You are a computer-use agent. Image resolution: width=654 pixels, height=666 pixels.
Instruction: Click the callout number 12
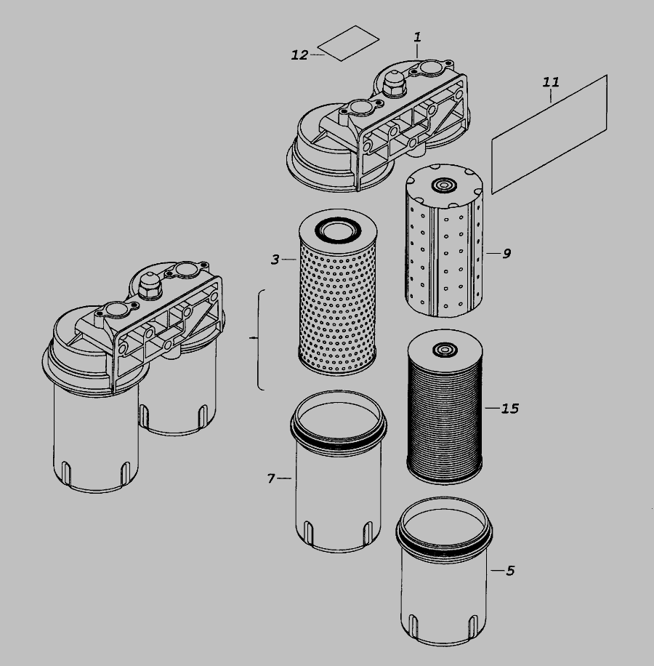[299, 55]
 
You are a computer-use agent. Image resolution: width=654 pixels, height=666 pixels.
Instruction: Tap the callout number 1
[418, 37]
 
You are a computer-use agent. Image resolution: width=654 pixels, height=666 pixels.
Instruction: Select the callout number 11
[551, 81]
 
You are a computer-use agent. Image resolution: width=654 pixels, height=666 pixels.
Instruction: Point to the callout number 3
[275, 259]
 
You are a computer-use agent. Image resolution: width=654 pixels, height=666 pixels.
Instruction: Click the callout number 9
[506, 254]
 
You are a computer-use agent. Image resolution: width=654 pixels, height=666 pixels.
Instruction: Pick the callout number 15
[509, 408]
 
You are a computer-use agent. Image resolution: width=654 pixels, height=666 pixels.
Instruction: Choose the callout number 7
[272, 478]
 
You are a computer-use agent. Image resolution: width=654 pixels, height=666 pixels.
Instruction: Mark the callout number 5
[510, 571]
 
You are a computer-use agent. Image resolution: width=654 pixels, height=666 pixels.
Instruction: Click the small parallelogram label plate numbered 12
[348, 43]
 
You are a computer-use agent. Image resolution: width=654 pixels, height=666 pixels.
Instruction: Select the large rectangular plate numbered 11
[549, 135]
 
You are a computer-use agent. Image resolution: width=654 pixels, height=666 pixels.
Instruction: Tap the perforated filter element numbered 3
[338, 292]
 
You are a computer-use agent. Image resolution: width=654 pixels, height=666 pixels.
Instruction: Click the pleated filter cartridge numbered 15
[445, 407]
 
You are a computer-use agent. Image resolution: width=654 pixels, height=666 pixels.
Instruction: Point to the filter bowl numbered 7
[338, 471]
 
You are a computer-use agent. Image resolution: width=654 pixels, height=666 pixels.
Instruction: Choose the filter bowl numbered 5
[444, 571]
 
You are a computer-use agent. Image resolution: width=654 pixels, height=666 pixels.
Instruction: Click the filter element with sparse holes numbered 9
[444, 241]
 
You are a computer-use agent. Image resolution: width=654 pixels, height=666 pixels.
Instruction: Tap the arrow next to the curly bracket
[254, 337]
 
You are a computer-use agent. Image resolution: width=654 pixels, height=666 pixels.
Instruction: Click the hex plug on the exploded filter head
[395, 83]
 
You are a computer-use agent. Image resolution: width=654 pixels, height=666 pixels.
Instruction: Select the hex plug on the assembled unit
[150, 286]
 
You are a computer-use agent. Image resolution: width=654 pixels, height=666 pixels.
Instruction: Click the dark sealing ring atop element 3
[338, 230]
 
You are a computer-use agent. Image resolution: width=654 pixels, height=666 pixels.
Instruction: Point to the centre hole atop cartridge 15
[445, 350]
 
